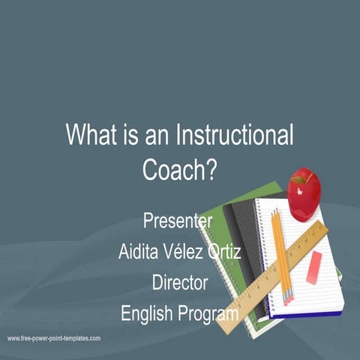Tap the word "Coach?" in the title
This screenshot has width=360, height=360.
tap(179, 169)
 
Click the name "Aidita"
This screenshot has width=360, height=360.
tap(141, 252)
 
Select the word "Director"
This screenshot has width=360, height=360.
tap(179, 283)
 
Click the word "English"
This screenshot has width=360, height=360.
tap(146, 313)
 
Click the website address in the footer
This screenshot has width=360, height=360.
tap(54, 339)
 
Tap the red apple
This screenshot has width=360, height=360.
tap(303, 195)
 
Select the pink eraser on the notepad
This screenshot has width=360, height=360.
tap(313, 268)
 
